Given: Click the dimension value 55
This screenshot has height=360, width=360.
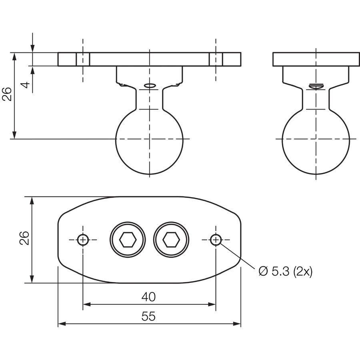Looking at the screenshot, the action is coord(148,316).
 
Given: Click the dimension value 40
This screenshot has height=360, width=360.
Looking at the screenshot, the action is coord(148,297).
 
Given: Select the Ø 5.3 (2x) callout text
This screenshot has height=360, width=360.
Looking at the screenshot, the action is coord(285,271).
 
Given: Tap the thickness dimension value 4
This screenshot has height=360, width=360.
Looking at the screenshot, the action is coord(26,84).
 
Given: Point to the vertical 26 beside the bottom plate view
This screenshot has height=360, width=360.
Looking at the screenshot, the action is coord(24,238).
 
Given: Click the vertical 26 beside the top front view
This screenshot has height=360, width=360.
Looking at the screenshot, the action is coord(7,94).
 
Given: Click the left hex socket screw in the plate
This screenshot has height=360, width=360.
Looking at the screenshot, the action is coord(128,240).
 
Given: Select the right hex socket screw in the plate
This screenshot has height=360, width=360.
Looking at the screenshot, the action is coord(171,240).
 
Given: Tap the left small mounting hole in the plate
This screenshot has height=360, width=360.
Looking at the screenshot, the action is coord(83,240).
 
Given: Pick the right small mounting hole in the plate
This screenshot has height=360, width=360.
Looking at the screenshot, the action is coord(216,240).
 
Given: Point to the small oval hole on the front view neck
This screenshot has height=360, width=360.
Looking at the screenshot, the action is coord(150,86).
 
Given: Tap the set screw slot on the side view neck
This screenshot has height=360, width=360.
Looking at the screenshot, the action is coord(316,86).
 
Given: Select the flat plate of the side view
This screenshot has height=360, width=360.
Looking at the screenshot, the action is coord(316,59).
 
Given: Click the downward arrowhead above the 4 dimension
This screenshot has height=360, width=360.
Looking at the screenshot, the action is coord(33,48).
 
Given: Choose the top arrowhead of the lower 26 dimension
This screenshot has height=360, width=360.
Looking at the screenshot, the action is coord(32,201).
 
